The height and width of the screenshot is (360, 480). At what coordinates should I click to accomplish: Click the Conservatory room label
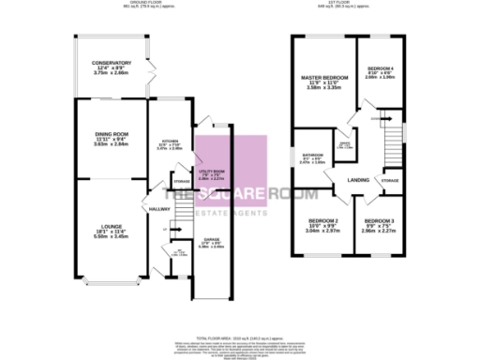[x=111, y=63]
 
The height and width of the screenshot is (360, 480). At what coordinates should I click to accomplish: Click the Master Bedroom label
[x=322, y=77]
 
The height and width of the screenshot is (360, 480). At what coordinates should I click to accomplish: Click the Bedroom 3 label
[x=380, y=221]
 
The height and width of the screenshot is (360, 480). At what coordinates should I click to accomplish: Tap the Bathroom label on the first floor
[x=311, y=156]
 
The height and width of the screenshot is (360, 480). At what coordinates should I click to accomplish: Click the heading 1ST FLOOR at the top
[x=352, y=5]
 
